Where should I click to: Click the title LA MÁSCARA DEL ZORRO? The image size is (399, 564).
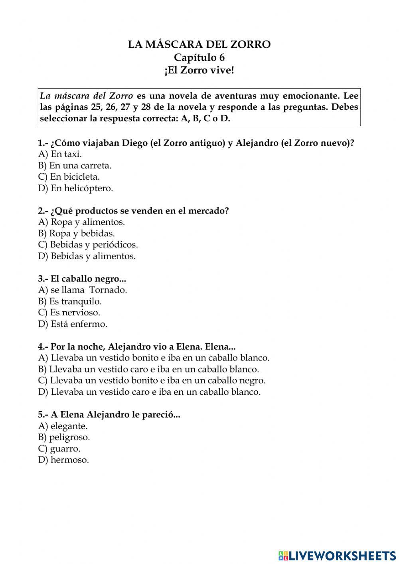(x=199, y=44)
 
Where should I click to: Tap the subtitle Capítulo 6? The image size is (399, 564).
(x=199, y=57)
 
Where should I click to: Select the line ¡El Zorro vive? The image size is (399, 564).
(x=199, y=71)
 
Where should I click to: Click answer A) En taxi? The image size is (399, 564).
(x=60, y=154)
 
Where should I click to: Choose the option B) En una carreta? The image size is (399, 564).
(x=75, y=165)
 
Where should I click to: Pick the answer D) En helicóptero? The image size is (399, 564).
(x=75, y=188)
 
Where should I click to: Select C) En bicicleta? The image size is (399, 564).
(x=69, y=176)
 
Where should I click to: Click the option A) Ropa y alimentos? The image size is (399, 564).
(x=81, y=222)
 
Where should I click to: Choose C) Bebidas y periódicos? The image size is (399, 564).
(x=88, y=245)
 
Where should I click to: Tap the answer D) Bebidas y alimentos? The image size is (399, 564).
(x=87, y=256)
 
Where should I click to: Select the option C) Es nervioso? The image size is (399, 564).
(x=69, y=313)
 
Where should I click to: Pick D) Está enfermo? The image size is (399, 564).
(x=73, y=324)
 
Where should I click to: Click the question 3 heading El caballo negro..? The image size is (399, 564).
(x=82, y=279)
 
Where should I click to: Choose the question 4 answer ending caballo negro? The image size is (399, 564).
(x=152, y=380)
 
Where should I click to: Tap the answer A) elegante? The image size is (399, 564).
(x=63, y=426)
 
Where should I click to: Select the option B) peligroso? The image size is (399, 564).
(x=64, y=437)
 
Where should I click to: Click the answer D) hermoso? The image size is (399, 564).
(x=63, y=460)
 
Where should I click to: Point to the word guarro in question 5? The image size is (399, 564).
(x=65, y=449)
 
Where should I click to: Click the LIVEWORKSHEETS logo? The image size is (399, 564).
(x=337, y=555)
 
